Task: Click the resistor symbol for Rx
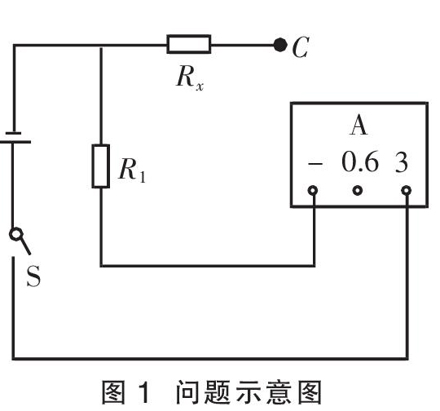(188, 44)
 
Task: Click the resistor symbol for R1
(101, 166)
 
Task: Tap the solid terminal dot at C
(279, 45)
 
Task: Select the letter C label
(300, 47)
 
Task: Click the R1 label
(132, 170)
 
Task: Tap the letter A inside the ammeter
(359, 126)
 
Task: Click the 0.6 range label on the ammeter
(360, 161)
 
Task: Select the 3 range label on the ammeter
(401, 162)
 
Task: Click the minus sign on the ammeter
(315, 163)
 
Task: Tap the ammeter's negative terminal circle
(313, 191)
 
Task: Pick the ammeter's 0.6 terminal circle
(357, 191)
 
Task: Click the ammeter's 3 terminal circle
(406, 191)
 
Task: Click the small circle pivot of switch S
(15, 234)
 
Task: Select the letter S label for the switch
(33, 276)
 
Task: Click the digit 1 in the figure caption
(145, 392)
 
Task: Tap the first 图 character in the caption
(113, 392)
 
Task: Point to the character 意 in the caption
(279, 392)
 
